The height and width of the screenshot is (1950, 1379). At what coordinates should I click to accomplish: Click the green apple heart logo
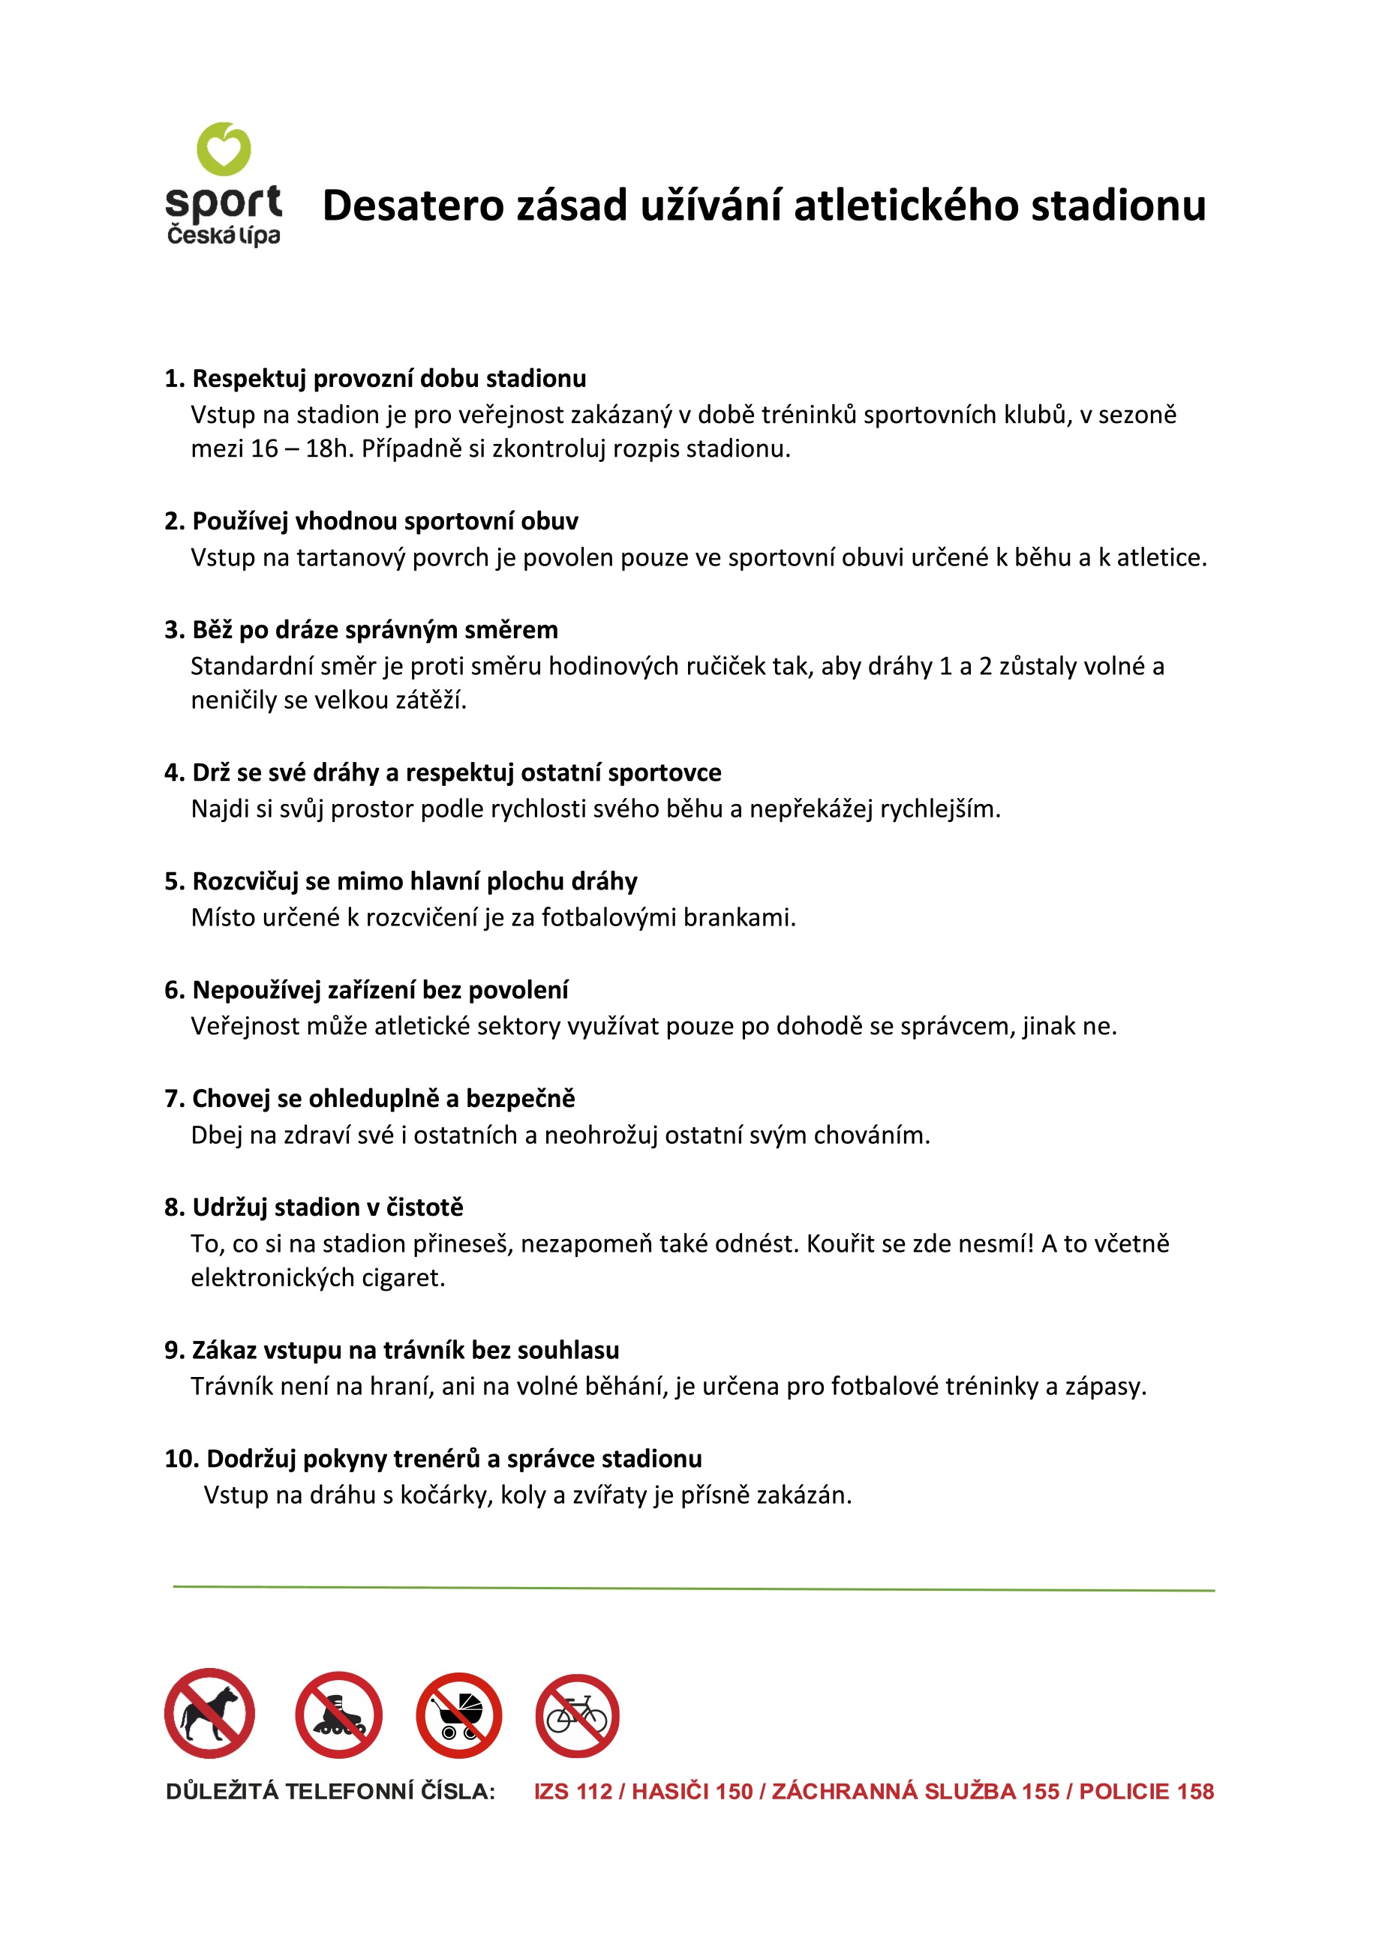(x=224, y=149)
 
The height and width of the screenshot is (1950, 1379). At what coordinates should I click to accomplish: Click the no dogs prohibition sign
(x=209, y=1713)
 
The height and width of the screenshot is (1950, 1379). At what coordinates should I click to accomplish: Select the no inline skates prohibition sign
(x=338, y=1714)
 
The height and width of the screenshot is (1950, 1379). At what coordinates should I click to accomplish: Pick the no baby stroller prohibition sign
(x=459, y=1714)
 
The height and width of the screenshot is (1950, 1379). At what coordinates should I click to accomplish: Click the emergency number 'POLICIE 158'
(x=1146, y=1792)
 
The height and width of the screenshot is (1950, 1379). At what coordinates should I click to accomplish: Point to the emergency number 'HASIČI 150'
(x=692, y=1792)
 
